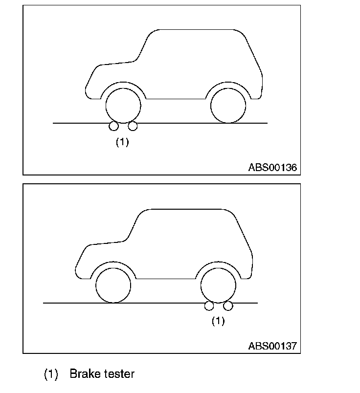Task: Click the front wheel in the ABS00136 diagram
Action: pyautogui.click(x=123, y=106)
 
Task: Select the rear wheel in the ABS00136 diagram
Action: pyautogui.click(x=228, y=106)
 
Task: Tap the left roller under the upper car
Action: pyautogui.click(x=113, y=127)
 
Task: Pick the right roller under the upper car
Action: pyautogui.click(x=132, y=127)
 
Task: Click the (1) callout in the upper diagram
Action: pyautogui.click(x=122, y=142)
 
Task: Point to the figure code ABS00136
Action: pyautogui.click(x=272, y=168)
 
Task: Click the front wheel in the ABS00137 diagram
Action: pyautogui.click(x=113, y=285)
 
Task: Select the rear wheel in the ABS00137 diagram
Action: pyautogui.click(x=218, y=285)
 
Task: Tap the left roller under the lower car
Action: pyautogui.click(x=209, y=306)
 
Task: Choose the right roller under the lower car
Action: pyautogui.click(x=227, y=306)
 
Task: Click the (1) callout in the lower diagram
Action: pyautogui.click(x=218, y=321)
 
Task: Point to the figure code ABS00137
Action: pyautogui.click(x=272, y=346)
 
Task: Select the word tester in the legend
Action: pyautogui.click(x=119, y=374)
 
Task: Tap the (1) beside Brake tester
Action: pyautogui.click(x=51, y=374)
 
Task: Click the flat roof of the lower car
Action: pyautogui.click(x=186, y=210)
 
